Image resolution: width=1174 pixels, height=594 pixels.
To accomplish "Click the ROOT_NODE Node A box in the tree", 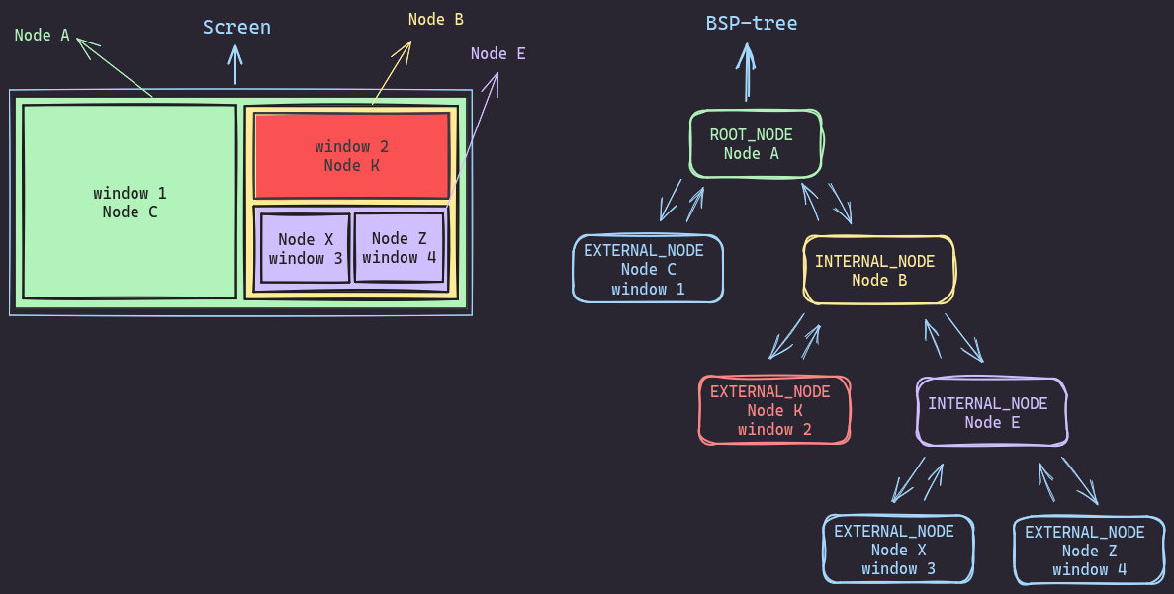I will pyautogui.click(x=757, y=143).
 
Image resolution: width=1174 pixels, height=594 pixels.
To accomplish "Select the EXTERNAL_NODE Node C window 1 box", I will pyautogui.click(x=648, y=268).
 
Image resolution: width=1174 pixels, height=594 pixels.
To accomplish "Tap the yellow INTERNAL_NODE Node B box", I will pyautogui.click(x=879, y=270).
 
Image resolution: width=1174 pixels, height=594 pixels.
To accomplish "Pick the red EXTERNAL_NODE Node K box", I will pyautogui.click(x=774, y=410).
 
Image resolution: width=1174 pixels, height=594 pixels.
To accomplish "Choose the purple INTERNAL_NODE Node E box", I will pyautogui.click(x=992, y=411).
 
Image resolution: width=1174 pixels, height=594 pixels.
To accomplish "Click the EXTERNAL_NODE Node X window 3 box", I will pyautogui.click(x=898, y=550).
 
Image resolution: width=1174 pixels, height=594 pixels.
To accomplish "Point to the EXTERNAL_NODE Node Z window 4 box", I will pyautogui.click(x=1089, y=551).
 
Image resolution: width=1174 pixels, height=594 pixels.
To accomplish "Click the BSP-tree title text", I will pyautogui.click(x=752, y=23).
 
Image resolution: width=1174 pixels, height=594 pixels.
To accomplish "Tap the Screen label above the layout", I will pyautogui.click(x=236, y=27).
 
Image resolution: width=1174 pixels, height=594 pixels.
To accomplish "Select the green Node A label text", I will pyautogui.click(x=43, y=35).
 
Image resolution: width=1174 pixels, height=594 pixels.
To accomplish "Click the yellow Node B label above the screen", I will pyautogui.click(x=436, y=19).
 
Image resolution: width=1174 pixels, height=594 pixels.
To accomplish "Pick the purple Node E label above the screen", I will pyautogui.click(x=497, y=53).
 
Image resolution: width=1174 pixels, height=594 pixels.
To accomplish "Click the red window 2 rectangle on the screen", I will pyautogui.click(x=352, y=156).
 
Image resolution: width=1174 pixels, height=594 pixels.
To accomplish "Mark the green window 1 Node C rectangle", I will pyautogui.click(x=130, y=202).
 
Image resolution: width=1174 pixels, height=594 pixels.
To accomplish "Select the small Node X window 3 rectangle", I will pyautogui.click(x=305, y=248).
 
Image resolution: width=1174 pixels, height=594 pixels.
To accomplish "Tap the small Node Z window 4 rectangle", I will pyautogui.click(x=400, y=247).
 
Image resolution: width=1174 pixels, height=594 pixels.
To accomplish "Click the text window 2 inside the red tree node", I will pyautogui.click(x=774, y=429).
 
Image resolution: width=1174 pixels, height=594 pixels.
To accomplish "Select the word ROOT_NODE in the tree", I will pyautogui.click(x=752, y=134).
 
